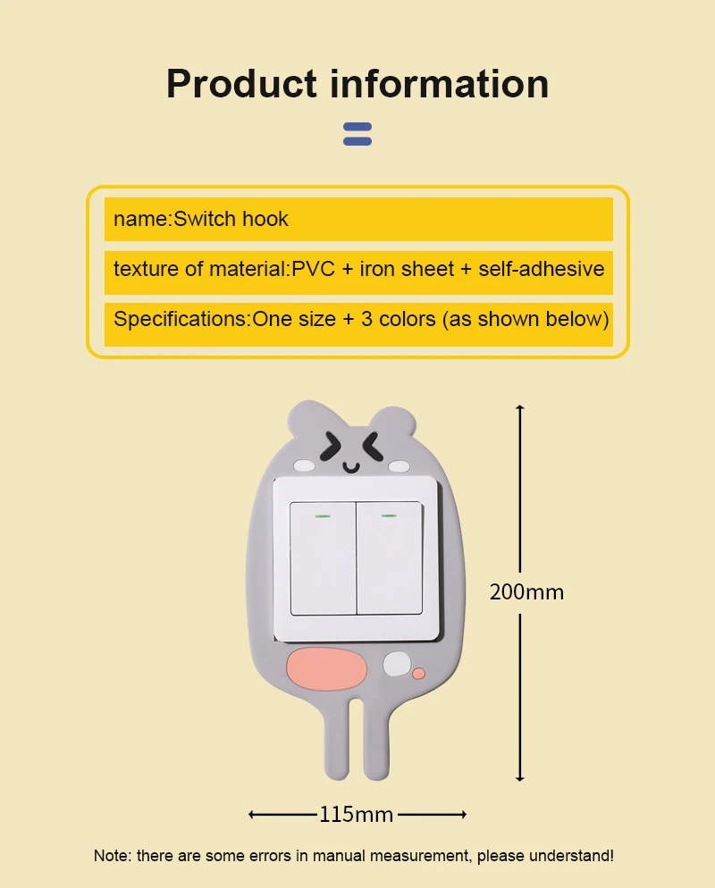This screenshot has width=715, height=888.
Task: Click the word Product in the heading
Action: pyautogui.click(x=241, y=84)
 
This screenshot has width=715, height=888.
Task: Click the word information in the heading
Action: pyautogui.click(x=440, y=84)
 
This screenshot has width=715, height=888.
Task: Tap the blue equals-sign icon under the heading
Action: pyautogui.click(x=357, y=134)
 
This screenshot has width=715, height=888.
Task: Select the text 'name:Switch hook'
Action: pyautogui.click(x=201, y=219)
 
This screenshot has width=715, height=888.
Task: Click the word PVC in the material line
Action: pyautogui.click(x=312, y=269)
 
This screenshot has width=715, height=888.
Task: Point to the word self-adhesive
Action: pyautogui.click(x=541, y=269)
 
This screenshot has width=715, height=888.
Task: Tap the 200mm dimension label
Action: pyautogui.click(x=526, y=591)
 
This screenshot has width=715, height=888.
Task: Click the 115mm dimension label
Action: pyautogui.click(x=356, y=814)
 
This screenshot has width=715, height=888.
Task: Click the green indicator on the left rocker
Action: pyautogui.click(x=323, y=515)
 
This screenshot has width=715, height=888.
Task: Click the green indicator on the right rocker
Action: pyautogui.click(x=389, y=515)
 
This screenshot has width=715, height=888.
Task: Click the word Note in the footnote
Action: pyautogui.click(x=111, y=856)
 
